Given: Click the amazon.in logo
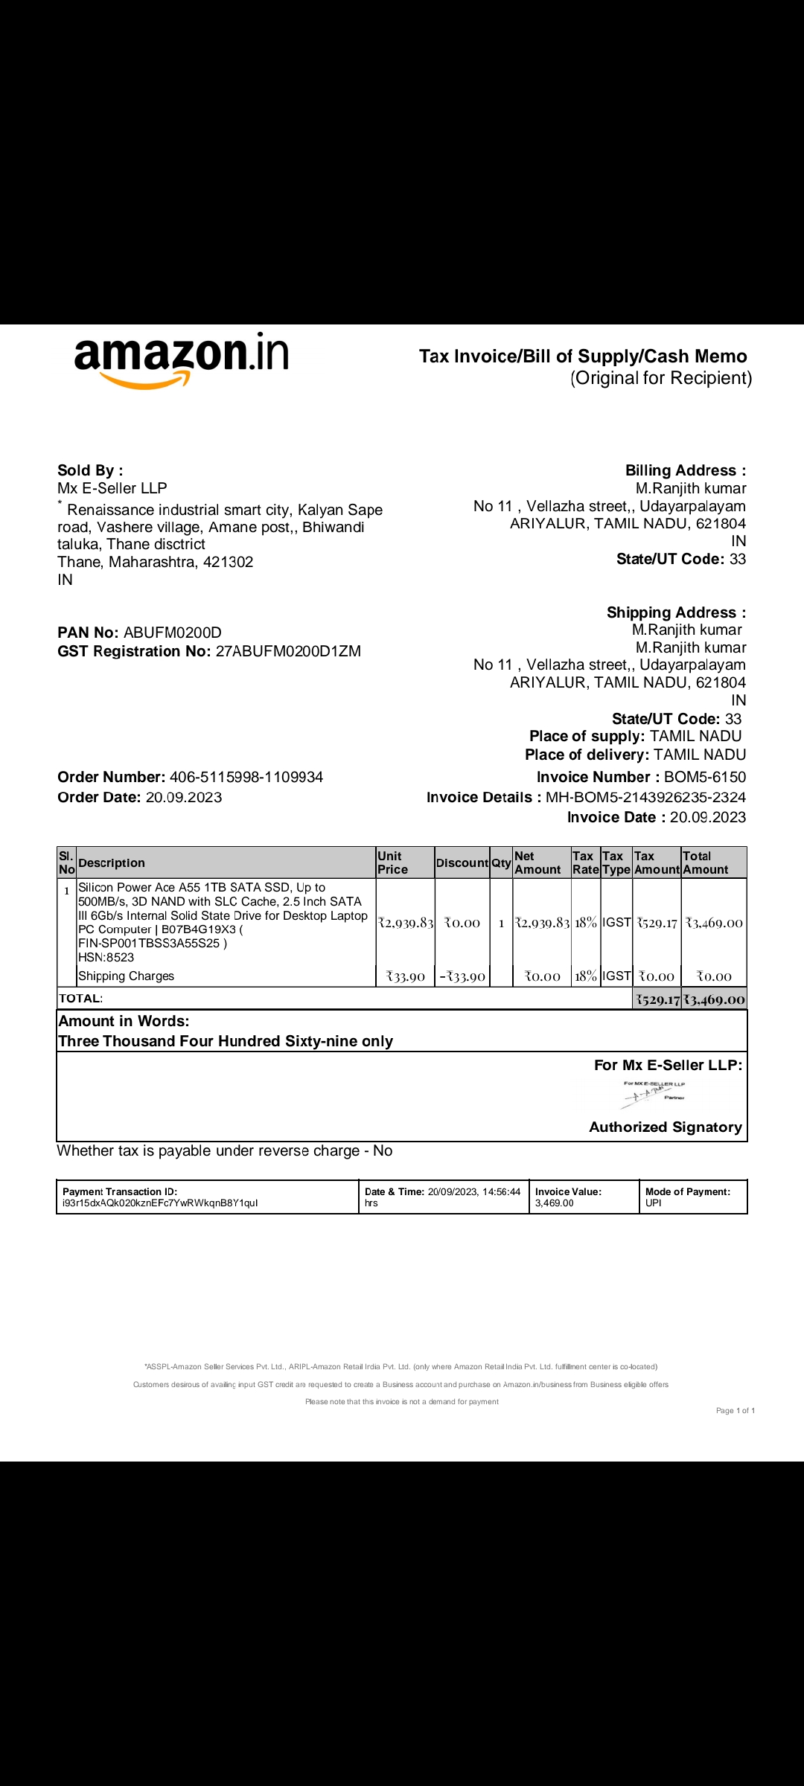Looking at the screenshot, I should pyautogui.click(x=181, y=358).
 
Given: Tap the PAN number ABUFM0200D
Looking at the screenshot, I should pyautogui.click(x=173, y=633).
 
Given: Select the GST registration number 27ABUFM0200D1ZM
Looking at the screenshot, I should pyautogui.click(x=288, y=651).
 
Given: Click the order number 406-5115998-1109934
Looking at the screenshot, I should pyautogui.click(x=246, y=777).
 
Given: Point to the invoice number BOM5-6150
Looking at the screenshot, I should pyautogui.click(x=704, y=777).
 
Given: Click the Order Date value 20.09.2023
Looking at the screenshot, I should pyautogui.click(x=184, y=797).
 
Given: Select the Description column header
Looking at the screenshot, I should pyautogui.click(x=112, y=862).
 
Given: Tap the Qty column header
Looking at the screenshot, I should pyautogui.click(x=501, y=862).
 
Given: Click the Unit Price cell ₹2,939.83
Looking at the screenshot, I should pyautogui.click(x=406, y=923).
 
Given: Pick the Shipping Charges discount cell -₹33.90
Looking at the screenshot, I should pyautogui.click(x=462, y=976).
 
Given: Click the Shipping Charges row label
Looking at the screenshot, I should pyautogui.click(x=126, y=976).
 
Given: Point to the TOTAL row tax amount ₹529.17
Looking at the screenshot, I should pyautogui.click(x=657, y=999).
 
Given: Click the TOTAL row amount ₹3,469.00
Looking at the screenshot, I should pyautogui.click(x=714, y=999).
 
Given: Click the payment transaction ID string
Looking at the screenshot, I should pyautogui.click(x=160, y=1203).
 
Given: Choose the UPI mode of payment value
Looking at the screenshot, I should pyautogui.click(x=654, y=1203).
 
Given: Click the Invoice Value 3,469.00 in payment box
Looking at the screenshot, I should pyautogui.click(x=555, y=1203).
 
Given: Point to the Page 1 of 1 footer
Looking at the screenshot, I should pyautogui.click(x=736, y=1410).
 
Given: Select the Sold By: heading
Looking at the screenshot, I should pyautogui.click(x=90, y=470).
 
